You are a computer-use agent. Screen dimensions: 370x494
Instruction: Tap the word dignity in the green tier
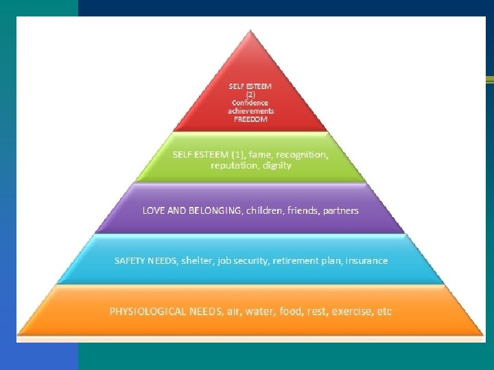[275, 165]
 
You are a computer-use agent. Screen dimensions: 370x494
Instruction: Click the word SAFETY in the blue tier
[129, 261]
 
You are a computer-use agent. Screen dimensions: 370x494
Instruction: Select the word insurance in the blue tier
[366, 261]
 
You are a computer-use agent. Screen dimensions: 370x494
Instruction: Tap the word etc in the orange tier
[384, 312]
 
